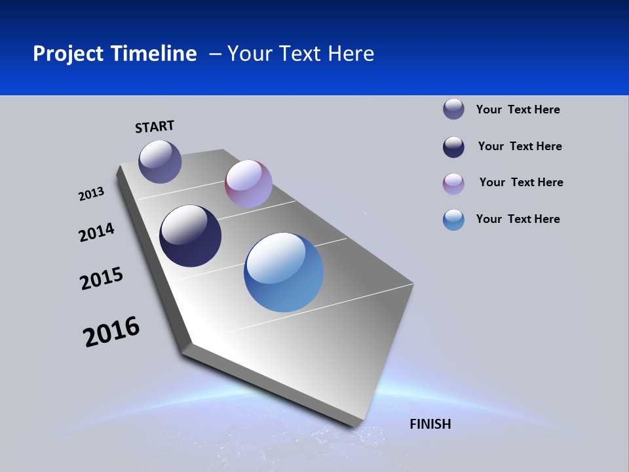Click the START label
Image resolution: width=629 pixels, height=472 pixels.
coord(155,127)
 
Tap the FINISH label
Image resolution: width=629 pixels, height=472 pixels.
coord(430,424)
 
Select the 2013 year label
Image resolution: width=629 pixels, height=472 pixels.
coord(91,194)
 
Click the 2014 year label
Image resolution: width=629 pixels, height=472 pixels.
coord(96,233)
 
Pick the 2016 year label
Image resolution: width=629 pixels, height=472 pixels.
coord(111,332)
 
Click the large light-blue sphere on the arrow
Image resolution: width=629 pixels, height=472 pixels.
coord(284,272)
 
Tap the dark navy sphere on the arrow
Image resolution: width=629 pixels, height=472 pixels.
coord(190,236)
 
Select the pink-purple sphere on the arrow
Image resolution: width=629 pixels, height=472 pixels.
coord(248,184)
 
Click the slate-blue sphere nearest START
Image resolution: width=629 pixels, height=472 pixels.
coord(160,161)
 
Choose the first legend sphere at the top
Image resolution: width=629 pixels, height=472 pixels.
coord(453,109)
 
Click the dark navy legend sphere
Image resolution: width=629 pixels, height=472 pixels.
coord(453,147)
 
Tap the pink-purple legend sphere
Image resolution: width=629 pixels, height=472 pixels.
coord(453,184)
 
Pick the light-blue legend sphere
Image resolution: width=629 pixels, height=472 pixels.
coord(453,220)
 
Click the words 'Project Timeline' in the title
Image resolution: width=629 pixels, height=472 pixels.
coord(115,54)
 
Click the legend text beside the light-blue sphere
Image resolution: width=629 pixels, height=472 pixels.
coord(518,219)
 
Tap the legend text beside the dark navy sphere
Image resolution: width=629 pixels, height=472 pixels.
coord(520,146)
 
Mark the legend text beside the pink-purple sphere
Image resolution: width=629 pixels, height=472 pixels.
coord(521,182)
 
